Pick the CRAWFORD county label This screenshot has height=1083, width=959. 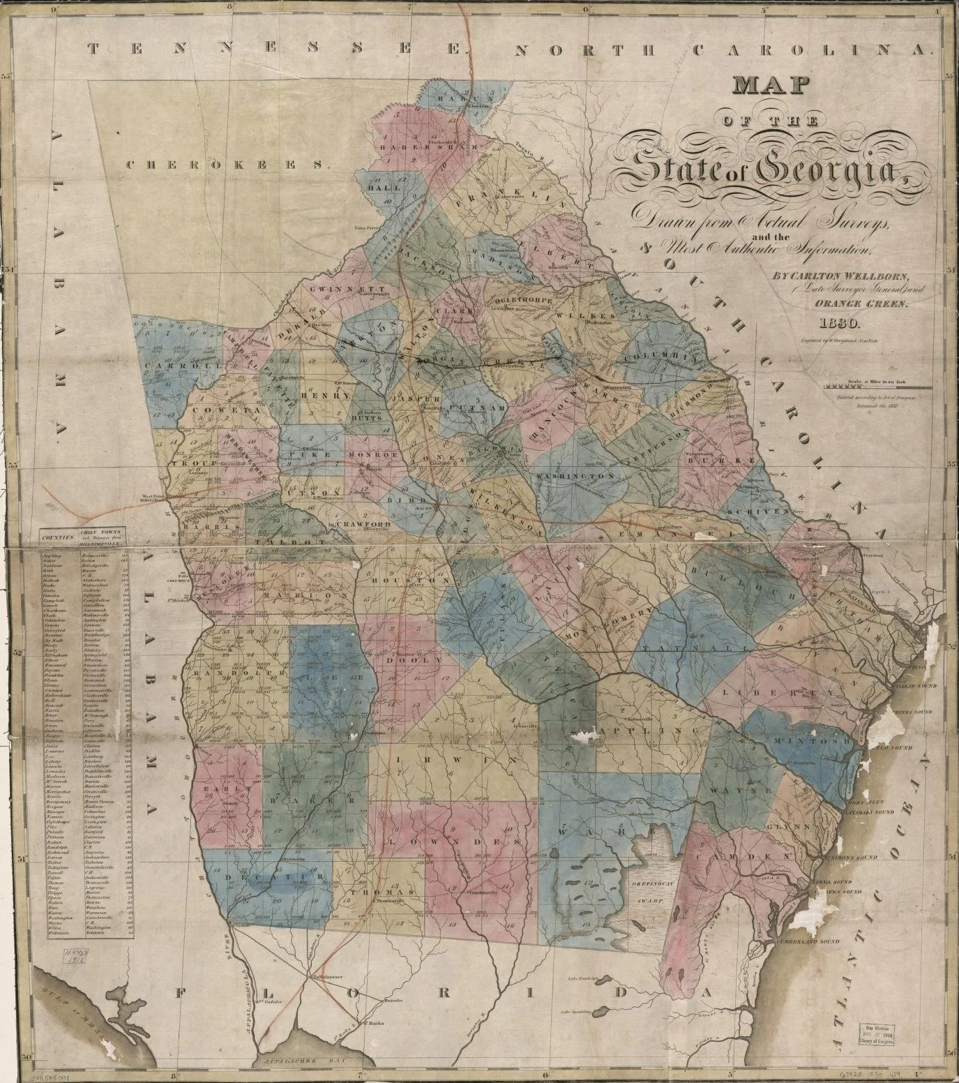click(362, 523)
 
